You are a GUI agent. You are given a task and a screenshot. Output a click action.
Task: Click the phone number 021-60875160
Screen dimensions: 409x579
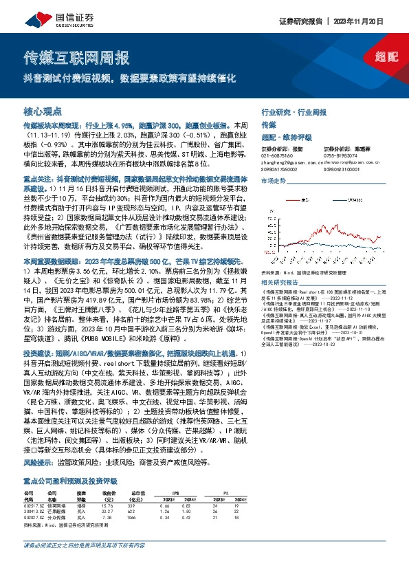coord(279,155)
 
